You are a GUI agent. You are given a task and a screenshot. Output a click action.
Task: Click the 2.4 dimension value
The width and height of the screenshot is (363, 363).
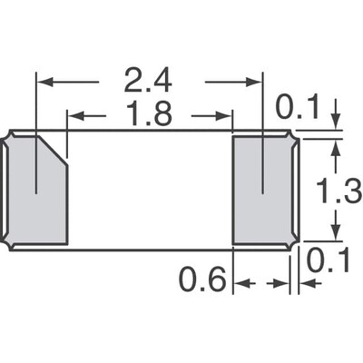tap(149, 83)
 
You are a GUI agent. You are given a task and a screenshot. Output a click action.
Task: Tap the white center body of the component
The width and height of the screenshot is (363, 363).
tap(150, 191)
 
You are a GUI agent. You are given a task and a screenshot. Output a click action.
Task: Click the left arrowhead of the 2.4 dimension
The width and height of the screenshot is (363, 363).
tap(43, 83)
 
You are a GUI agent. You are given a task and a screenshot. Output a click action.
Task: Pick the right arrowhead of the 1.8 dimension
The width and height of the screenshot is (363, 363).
tap(227, 116)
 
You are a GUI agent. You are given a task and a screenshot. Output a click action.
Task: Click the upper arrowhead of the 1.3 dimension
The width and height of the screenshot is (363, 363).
tap(336, 145)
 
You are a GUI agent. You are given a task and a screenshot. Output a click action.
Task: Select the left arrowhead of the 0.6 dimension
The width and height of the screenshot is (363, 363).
tap(240, 284)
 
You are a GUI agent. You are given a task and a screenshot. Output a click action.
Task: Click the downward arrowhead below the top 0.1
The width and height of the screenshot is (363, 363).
tap(336, 124)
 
